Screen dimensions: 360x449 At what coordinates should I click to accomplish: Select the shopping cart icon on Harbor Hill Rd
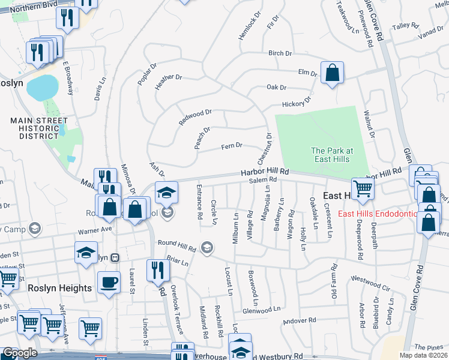[363, 188]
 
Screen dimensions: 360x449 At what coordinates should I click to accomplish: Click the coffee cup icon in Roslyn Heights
[109, 281]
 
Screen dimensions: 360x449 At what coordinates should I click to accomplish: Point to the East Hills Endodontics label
[376, 214]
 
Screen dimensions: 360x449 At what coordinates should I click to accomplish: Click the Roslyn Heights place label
[60, 288]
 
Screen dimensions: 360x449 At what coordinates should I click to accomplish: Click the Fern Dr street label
[231, 146]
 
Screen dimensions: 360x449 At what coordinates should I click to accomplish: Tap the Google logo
[20, 353]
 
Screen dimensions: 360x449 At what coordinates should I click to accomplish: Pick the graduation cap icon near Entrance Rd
[166, 192]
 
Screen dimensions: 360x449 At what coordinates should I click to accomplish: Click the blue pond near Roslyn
[42, 88]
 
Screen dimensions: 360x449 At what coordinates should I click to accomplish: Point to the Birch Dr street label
[280, 53]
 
